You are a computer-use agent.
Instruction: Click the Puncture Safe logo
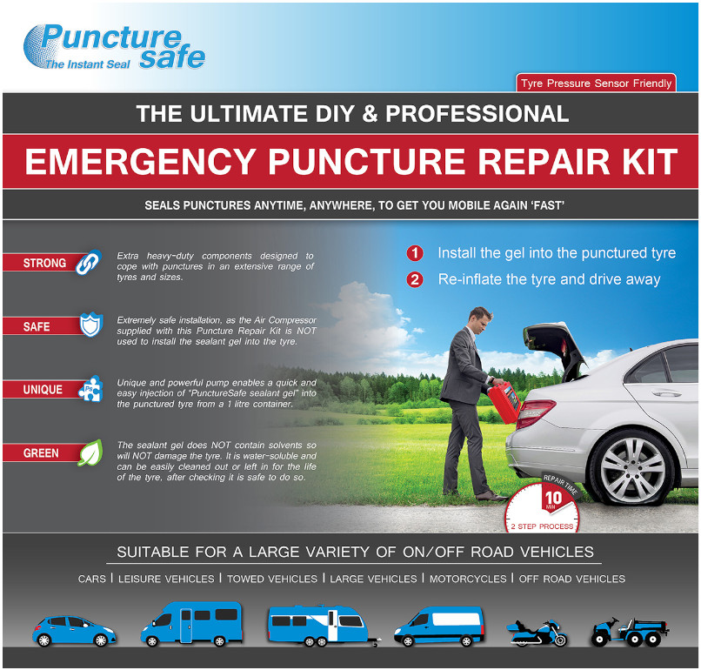pyautogui.click(x=114, y=47)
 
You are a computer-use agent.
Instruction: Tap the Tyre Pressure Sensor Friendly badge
pyautogui.click(x=596, y=84)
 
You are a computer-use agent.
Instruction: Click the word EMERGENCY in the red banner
pyautogui.click(x=140, y=162)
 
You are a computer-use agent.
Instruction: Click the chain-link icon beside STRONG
pyautogui.click(x=89, y=262)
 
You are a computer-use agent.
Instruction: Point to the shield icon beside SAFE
pyautogui.click(x=91, y=325)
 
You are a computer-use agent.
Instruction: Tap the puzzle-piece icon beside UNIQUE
pyautogui.click(x=90, y=388)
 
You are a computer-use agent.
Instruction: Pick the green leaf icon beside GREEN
pyautogui.click(x=90, y=452)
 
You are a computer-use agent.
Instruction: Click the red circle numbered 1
pyautogui.click(x=415, y=253)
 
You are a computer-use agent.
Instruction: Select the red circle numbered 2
pyautogui.click(x=415, y=279)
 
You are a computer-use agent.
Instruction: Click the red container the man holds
pyautogui.click(x=504, y=401)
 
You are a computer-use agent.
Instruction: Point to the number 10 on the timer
pyautogui.click(x=553, y=498)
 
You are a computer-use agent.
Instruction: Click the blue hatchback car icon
pyautogui.click(x=74, y=631)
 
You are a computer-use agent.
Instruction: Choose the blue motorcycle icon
pyautogui.click(x=537, y=633)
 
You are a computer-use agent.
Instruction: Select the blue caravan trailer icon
pyautogui.click(x=324, y=626)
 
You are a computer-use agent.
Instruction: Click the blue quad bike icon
pyautogui.click(x=630, y=632)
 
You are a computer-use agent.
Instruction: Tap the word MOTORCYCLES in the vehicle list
pyautogui.click(x=468, y=579)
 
